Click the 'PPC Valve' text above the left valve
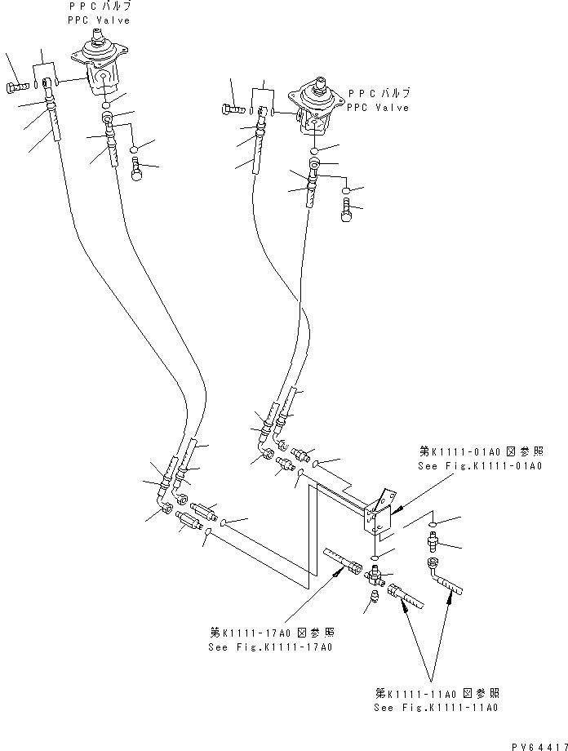100,20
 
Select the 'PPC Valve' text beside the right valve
378,107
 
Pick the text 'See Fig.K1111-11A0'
437,709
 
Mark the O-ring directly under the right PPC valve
317,151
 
